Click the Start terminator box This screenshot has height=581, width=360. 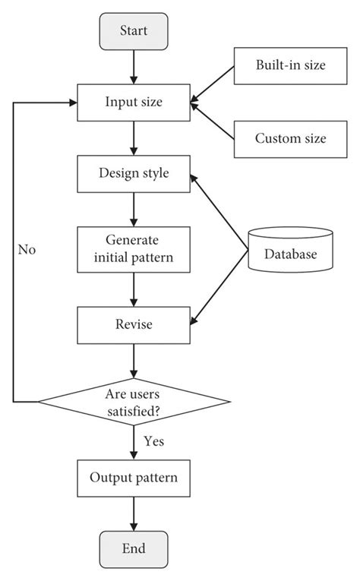(134, 31)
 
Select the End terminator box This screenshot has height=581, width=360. (134, 548)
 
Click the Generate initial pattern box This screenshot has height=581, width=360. (134, 248)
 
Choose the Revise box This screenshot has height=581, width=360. (134, 324)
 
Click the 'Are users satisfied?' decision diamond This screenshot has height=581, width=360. (134, 400)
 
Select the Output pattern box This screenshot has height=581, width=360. (134, 478)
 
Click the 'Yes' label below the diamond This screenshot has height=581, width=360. (153, 440)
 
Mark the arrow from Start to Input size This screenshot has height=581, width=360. (134, 67)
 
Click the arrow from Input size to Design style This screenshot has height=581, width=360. (134, 138)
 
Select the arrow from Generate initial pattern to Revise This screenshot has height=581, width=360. (134, 287)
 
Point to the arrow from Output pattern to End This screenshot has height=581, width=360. (134, 513)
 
